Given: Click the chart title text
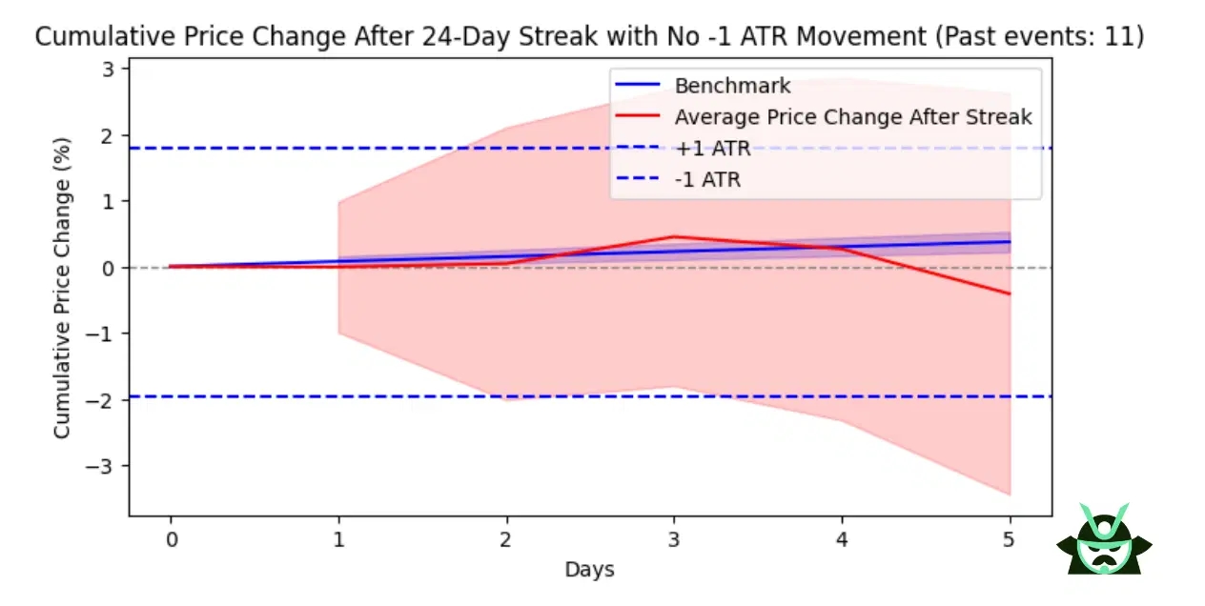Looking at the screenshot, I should [x=590, y=37].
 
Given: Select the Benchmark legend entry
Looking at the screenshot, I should [x=732, y=86].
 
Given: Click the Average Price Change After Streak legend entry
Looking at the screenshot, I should [x=853, y=117].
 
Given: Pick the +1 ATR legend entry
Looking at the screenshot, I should [x=712, y=148].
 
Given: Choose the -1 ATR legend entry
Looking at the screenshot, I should [x=707, y=179].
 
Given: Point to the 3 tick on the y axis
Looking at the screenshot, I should [x=110, y=69].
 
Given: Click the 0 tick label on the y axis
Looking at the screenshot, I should [x=110, y=268].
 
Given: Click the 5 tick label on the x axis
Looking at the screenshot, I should [x=1010, y=540].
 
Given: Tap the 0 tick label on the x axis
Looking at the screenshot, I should [x=171, y=540].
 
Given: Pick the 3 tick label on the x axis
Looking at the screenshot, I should [x=674, y=540].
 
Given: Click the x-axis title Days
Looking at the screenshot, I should [x=589, y=570].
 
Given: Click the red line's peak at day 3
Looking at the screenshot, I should [x=674, y=236].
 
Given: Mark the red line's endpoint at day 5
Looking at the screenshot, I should [x=1010, y=294].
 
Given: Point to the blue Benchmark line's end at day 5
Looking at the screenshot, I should [x=1010, y=241].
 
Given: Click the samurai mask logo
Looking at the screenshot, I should [x=1104, y=540].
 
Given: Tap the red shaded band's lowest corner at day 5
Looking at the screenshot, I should [x=1010, y=495].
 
